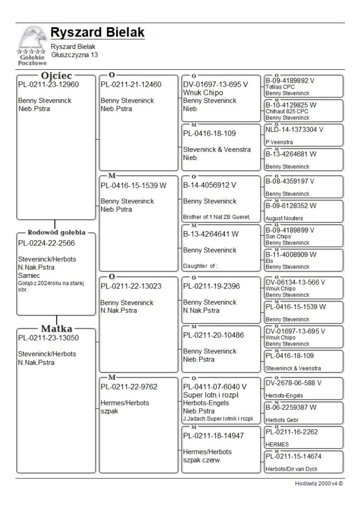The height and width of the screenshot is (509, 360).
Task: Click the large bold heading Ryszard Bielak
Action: click(97, 33)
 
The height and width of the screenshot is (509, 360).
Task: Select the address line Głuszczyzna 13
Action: click(74, 55)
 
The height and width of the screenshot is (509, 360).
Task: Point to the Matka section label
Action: click(56, 329)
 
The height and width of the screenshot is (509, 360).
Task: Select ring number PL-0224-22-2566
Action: click(46, 243)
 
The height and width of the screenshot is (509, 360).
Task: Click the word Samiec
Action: click(29, 275)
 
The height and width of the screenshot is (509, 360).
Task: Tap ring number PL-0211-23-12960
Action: click(48, 85)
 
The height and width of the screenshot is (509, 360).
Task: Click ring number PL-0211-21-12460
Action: click(131, 85)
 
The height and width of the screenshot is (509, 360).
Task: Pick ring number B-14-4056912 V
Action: click(210, 185)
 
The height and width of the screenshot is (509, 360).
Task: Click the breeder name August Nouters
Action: click(284, 218)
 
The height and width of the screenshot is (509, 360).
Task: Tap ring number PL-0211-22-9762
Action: click(129, 387)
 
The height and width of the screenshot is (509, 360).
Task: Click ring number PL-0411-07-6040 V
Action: click(215, 387)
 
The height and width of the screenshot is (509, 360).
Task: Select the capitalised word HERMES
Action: click(277, 444)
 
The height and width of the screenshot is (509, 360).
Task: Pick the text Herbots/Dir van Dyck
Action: click(291, 469)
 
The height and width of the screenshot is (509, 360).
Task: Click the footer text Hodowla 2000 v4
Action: click(316, 484)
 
